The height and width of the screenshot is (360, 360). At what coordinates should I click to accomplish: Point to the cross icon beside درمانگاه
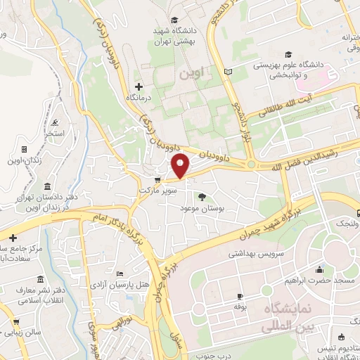click(x=139, y=86)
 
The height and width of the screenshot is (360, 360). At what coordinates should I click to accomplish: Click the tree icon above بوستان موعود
click(x=202, y=197)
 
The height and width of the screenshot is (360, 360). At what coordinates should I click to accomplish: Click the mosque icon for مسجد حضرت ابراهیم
click(x=321, y=269)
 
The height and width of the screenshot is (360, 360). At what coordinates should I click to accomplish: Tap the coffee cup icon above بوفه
click(x=240, y=296)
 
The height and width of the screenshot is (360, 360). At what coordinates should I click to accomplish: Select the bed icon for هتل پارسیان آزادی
click(x=119, y=274)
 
